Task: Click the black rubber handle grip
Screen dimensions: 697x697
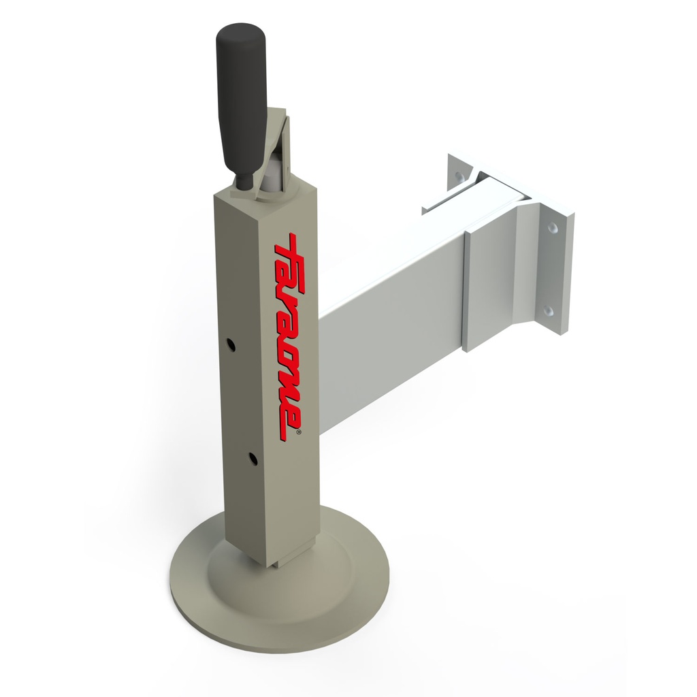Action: coord(242,98)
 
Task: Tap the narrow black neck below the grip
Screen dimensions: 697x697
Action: coord(244,182)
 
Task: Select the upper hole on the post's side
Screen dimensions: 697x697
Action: coord(230,344)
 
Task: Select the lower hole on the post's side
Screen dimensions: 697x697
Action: coord(253,458)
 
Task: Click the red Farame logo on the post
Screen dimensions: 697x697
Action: coord(289,336)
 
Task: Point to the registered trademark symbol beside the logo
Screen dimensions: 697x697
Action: coord(298,431)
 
